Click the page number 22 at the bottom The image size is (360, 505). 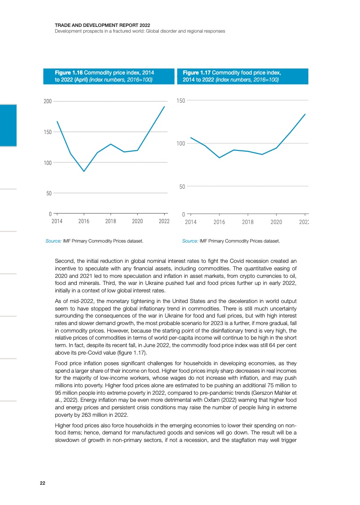click(x=42, y=483)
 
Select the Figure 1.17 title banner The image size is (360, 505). click(x=242, y=76)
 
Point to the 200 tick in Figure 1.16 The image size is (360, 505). click(x=47, y=101)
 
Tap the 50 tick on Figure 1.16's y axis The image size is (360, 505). click(x=49, y=194)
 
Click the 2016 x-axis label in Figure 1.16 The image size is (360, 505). click(x=84, y=221)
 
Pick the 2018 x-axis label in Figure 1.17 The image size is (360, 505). click(x=248, y=222)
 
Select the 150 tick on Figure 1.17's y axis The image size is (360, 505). click(x=180, y=101)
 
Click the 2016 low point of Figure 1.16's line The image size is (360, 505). click(x=84, y=171)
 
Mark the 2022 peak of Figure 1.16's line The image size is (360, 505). click(x=164, y=106)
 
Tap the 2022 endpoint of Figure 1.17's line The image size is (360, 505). click(x=305, y=114)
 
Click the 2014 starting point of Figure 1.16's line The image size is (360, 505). click(x=57, y=121)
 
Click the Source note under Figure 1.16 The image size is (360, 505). click(x=94, y=241)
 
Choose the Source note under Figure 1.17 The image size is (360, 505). click(x=231, y=241)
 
